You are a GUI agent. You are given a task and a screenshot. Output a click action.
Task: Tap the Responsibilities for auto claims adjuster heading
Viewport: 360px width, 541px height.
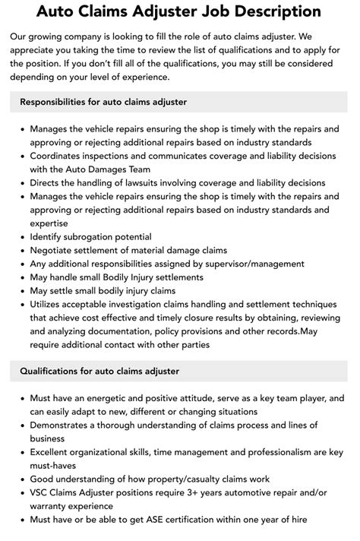tap(103, 102)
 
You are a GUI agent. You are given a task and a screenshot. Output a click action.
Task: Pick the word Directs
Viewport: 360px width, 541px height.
tap(47, 182)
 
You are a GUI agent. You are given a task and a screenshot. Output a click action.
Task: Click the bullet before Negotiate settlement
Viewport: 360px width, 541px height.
tap(23, 250)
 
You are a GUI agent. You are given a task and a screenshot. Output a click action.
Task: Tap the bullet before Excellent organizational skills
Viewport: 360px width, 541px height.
tap(23, 452)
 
